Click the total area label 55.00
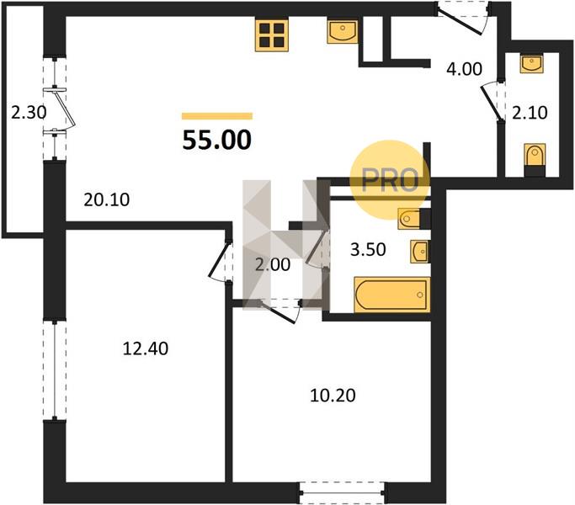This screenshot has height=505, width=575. [216, 140]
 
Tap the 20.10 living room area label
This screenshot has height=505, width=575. [107, 199]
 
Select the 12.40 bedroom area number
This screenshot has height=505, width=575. [146, 348]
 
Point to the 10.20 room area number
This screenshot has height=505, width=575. [333, 396]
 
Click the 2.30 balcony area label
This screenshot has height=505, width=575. [29, 113]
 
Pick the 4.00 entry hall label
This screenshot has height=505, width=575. [464, 69]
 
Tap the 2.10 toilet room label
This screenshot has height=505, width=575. [530, 113]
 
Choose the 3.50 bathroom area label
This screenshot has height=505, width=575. [368, 249]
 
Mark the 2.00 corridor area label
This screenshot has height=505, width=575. [273, 264]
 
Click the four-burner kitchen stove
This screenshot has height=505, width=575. [272, 35]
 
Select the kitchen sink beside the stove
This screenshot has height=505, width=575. [343, 32]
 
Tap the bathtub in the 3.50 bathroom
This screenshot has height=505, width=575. [392, 295]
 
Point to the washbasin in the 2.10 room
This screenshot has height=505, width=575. [531, 64]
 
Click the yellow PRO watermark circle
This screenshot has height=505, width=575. [390, 180]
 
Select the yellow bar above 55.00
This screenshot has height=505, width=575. [217, 116]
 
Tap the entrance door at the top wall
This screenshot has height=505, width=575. [463, 18]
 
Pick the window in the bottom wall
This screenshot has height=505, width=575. [342, 493]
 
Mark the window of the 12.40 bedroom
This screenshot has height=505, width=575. [55, 370]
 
